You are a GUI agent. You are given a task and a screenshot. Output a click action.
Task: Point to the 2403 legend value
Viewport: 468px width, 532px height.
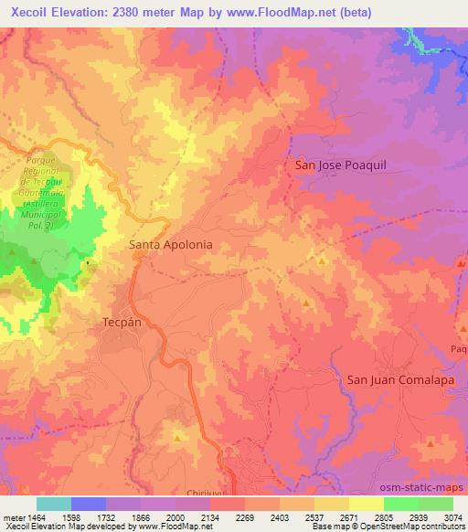pyautogui.click(x=280, y=516)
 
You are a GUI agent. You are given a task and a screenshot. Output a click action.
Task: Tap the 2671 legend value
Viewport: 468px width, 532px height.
pyautogui.click(x=349, y=516)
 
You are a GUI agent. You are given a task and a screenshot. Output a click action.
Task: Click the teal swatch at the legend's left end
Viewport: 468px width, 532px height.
pyautogui.click(x=54, y=504)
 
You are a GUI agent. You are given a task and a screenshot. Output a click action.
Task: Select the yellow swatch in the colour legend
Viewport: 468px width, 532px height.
pyautogui.click(x=367, y=504)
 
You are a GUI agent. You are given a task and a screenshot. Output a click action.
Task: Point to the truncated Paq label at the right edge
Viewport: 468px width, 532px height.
pyautogui.click(x=458, y=349)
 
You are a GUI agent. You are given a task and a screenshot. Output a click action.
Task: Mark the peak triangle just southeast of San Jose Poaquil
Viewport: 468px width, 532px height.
pyautogui.click(x=323, y=261)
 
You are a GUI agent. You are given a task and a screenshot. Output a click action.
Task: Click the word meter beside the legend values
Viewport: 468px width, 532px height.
pyautogui.click(x=12, y=516)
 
